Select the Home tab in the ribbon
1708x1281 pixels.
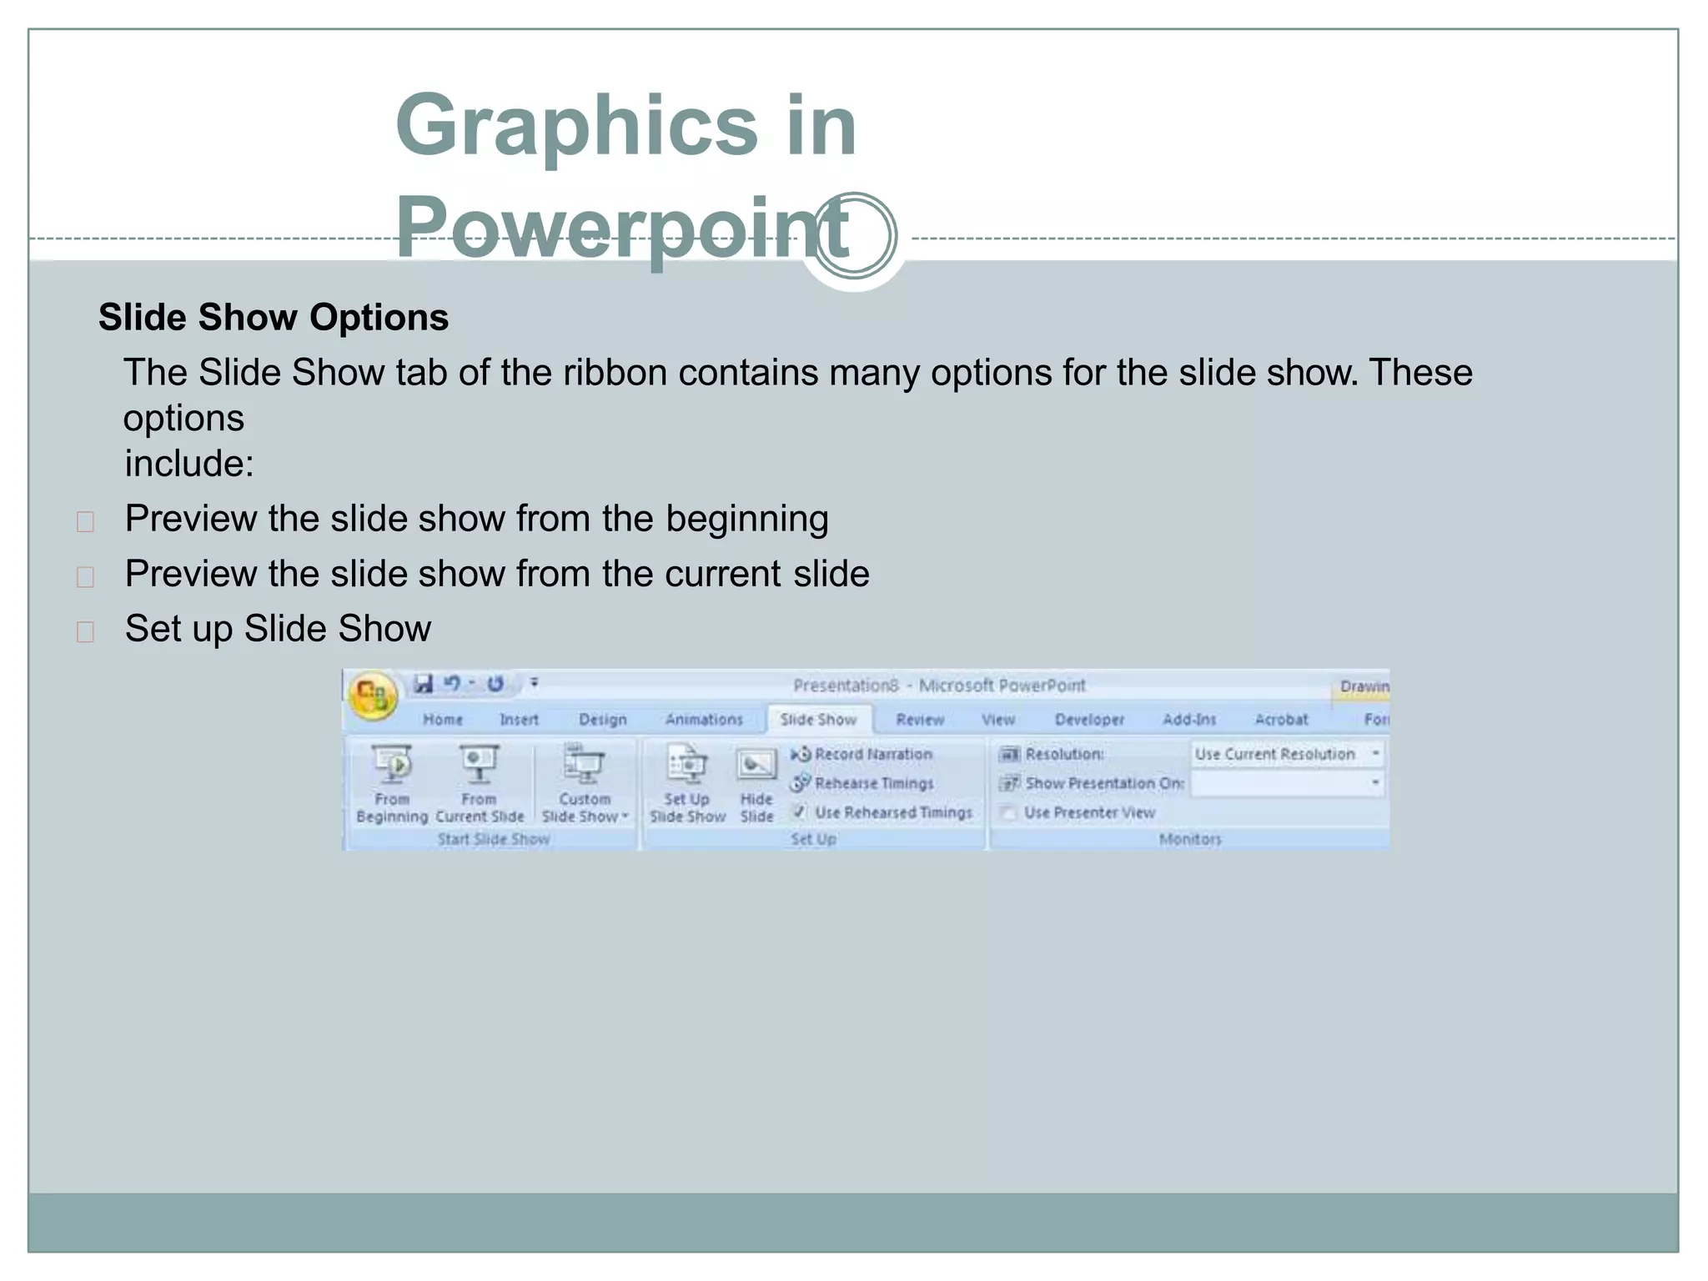click(442, 720)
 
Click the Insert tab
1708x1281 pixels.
click(519, 720)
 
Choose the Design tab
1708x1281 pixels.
click(603, 720)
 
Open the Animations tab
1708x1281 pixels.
click(704, 720)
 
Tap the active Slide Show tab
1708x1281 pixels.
click(818, 720)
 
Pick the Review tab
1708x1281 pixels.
click(920, 720)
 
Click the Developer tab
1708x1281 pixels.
click(1089, 720)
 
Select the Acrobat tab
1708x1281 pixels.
click(1281, 720)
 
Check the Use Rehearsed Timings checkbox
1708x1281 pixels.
click(800, 811)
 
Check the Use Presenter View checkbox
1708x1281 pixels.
click(1008, 812)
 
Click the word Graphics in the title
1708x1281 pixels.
click(575, 125)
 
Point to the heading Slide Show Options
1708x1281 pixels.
click(274, 318)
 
